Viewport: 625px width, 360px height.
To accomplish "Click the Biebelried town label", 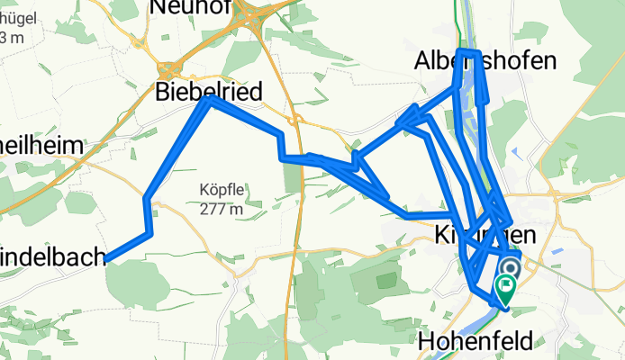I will [x=209, y=91].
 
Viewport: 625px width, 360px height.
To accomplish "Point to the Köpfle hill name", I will [x=221, y=190].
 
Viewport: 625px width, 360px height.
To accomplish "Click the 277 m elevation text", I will [x=221, y=209].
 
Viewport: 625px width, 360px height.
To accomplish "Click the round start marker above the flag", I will [x=510, y=269].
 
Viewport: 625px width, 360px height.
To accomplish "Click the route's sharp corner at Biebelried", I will [x=210, y=100].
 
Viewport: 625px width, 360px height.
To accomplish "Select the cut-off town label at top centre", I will [x=186, y=7].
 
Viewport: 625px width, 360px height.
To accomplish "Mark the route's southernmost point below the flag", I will [x=504, y=307].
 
